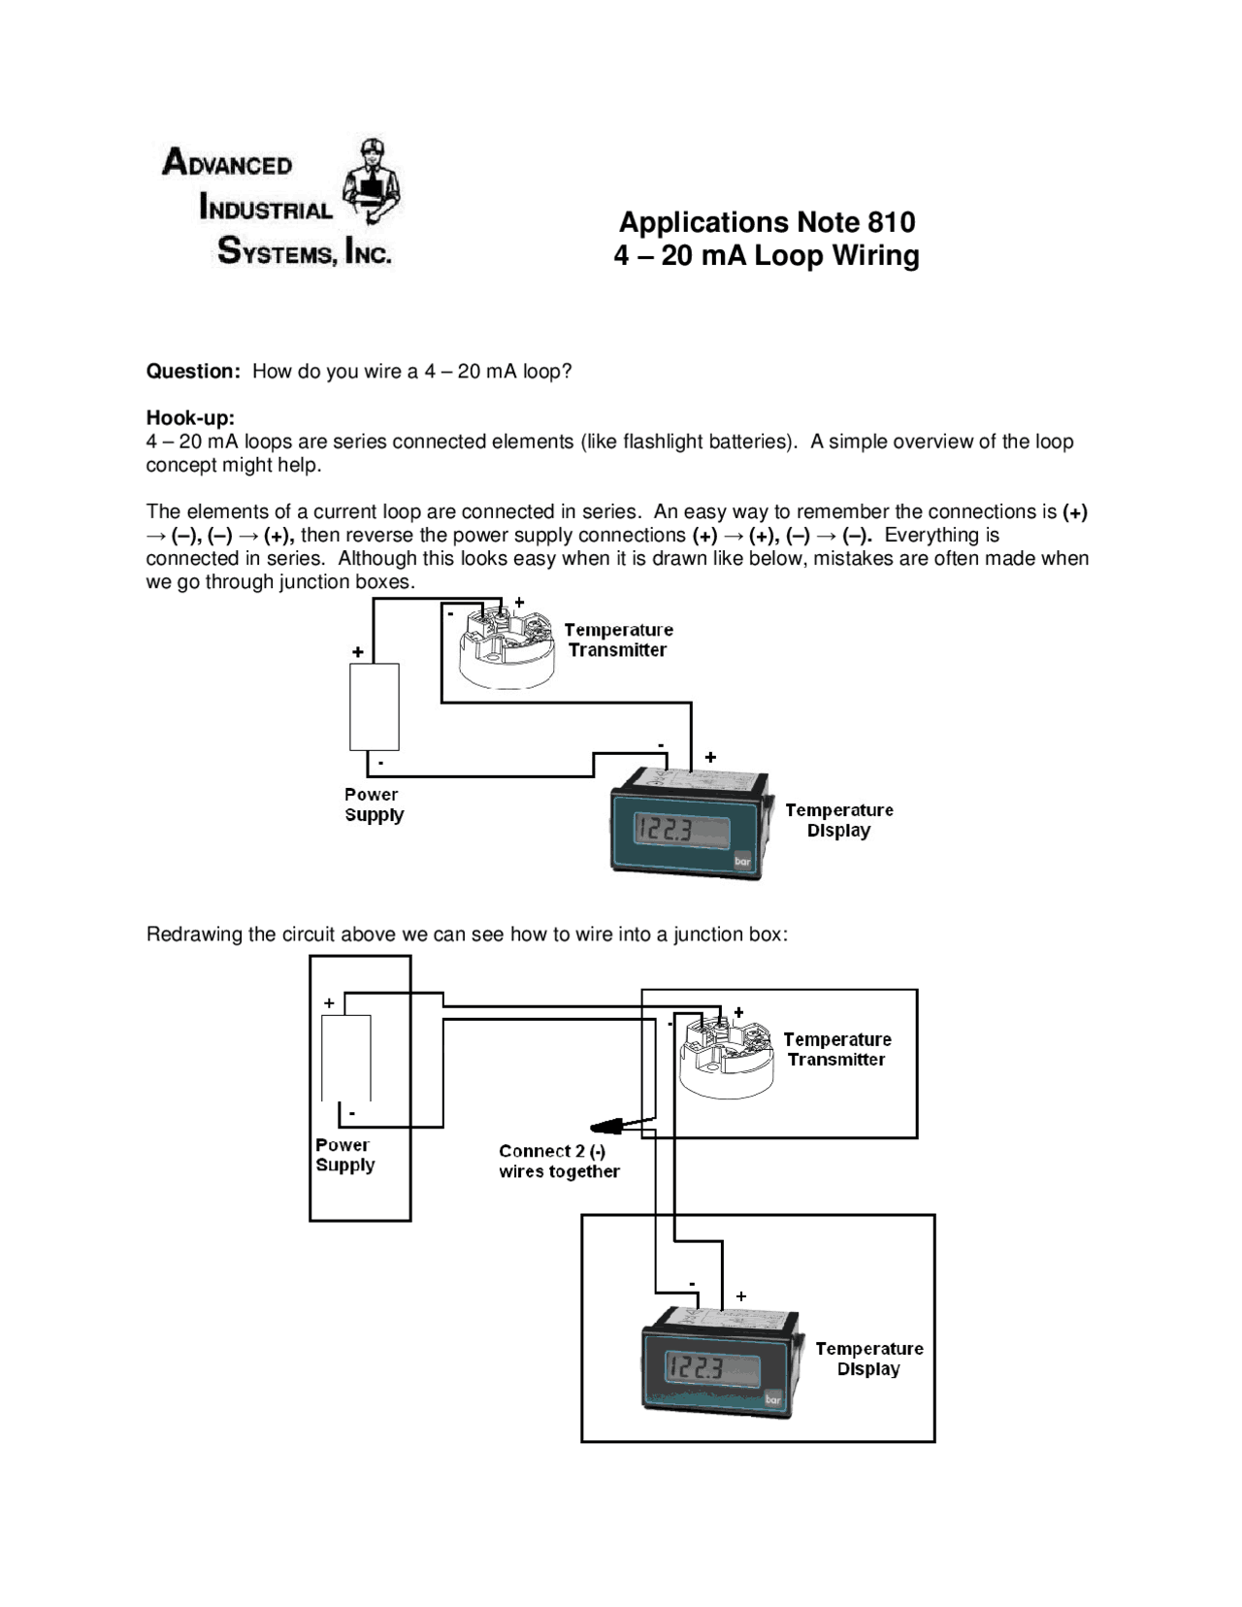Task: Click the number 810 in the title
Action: click(891, 222)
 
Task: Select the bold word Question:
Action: click(193, 372)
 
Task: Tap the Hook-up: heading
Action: click(190, 418)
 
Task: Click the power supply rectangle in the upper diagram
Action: click(374, 706)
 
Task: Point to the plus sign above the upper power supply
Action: click(358, 652)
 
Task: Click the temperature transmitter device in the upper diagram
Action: click(504, 646)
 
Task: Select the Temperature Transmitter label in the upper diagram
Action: click(618, 640)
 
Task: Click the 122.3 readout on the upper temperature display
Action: click(665, 831)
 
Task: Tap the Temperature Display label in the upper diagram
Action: click(838, 820)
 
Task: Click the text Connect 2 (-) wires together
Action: click(559, 1162)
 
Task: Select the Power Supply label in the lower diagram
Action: click(344, 1155)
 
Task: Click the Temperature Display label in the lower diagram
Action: click(868, 1359)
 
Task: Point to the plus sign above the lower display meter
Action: click(741, 1296)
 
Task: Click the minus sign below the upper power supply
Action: click(380, 763)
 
